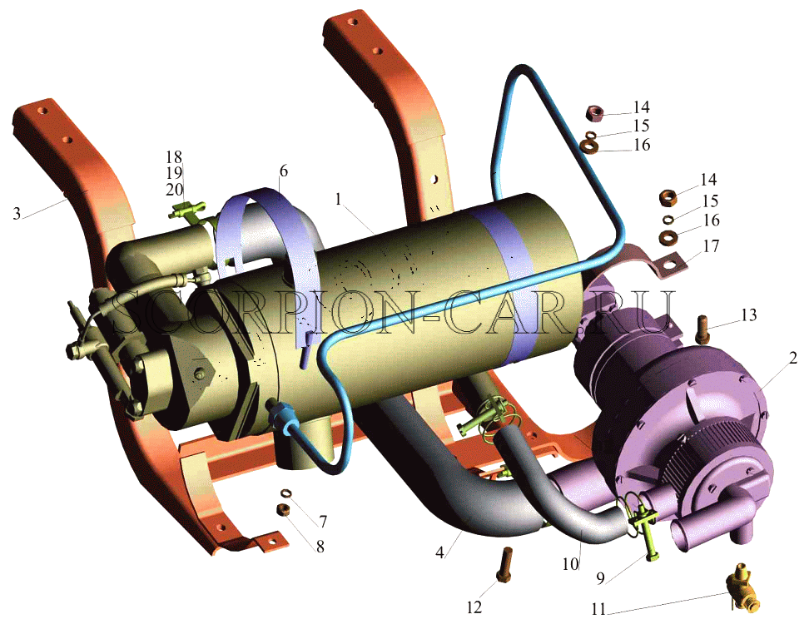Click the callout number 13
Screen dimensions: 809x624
[748, 314]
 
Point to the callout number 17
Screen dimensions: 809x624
[711, 246]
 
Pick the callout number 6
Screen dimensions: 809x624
[284, 171]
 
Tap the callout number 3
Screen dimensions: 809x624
[17, 213]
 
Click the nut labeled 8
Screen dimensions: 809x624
[283, 510]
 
